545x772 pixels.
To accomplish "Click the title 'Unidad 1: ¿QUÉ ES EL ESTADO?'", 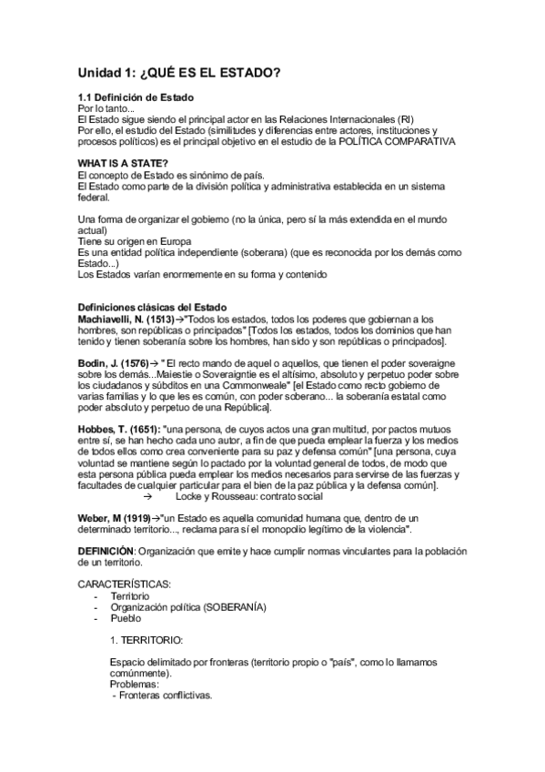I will (179, 72).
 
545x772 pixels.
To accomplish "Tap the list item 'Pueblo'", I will (125, 618).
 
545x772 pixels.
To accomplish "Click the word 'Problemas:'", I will (134, 684).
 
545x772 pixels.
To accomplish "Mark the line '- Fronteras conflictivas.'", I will (161, 696).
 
